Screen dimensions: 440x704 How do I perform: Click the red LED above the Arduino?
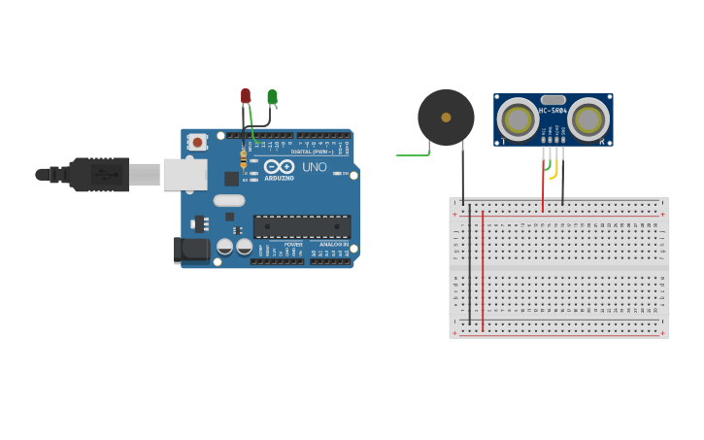[246, 95]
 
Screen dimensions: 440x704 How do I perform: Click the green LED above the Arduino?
[273, 96]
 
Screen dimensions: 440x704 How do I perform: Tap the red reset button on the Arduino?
[198, 142]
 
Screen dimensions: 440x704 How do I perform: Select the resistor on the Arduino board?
[243, 157]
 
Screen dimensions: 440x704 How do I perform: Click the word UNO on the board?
[315, 167]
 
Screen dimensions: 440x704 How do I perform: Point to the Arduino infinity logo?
[279, 167]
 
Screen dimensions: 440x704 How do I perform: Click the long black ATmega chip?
[302, 226]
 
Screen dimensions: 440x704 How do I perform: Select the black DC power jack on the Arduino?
[191, 250]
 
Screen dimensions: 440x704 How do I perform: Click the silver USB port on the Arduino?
[184, 175]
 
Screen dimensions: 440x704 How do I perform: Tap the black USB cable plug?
[97, 175]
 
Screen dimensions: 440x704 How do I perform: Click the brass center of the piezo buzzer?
[446, 118]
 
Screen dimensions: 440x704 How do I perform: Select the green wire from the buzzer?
[413, 153]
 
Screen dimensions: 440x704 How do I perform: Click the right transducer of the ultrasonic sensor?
[588, 120]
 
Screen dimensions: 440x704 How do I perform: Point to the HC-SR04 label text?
[553, 111]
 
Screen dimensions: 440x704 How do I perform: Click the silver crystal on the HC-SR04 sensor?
[553, 99]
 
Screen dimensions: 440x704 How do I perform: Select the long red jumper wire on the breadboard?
[483, 272]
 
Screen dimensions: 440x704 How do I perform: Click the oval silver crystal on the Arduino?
[229, 201]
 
